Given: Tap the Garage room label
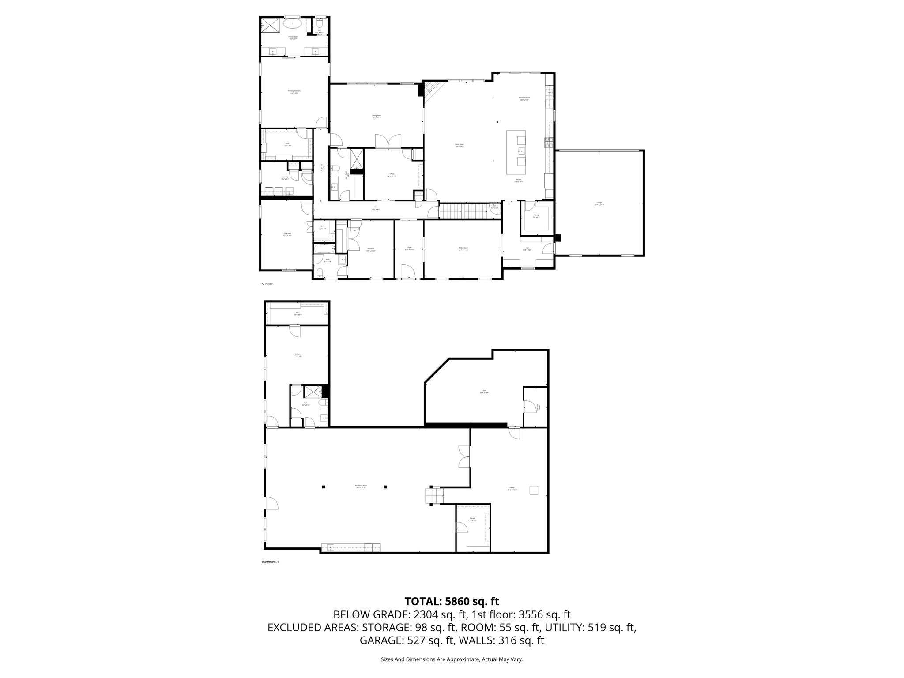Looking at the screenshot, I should [599, 204].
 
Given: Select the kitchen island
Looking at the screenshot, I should [516, 152].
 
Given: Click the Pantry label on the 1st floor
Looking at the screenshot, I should [536, 216].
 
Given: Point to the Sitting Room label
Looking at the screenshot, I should [376, 117].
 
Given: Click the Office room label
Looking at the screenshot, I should [392, 175].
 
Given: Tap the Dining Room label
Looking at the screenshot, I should [463, 249].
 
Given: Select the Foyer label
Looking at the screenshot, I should [409, 249].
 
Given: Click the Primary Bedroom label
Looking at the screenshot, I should [294, 92].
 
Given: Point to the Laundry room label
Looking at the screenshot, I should [285, 178].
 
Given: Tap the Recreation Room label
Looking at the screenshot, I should [361, 486].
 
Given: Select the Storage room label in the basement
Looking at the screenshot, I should [472, 519].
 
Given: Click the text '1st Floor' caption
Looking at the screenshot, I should [266, 284].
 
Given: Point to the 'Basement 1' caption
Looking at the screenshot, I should [271, 562].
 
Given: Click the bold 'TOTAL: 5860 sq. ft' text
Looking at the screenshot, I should [452, 601].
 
